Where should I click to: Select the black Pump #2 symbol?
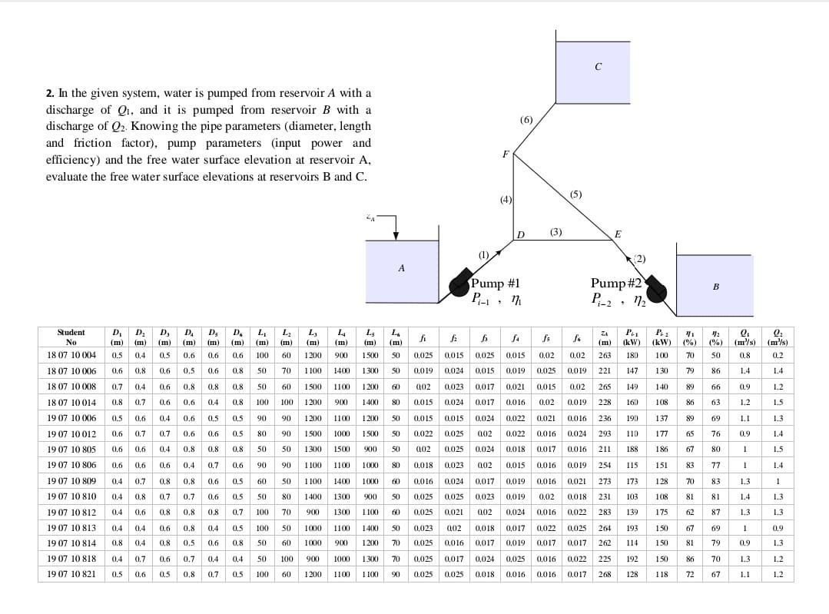[657, 291]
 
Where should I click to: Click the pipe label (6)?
[526, 120]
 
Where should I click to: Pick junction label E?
[618, 234]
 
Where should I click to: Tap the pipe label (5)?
[576, 194]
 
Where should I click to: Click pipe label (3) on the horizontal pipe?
[555, 231]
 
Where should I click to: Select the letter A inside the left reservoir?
[401, 268]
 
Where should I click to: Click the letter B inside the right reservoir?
[715, 287]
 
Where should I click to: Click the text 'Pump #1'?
[496, 283]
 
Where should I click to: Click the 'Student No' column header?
[71, 337]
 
